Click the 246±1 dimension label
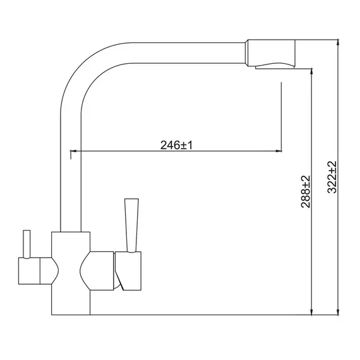point(176,145)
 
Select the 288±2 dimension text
point(306,192)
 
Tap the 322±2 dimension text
point(332,177)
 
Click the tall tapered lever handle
point(131,225)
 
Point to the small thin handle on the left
point(27,244)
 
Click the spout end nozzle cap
point(270,52)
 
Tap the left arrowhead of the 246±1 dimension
point(73,151)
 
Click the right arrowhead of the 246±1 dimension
point(279,151)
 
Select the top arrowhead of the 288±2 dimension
point(311,71)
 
